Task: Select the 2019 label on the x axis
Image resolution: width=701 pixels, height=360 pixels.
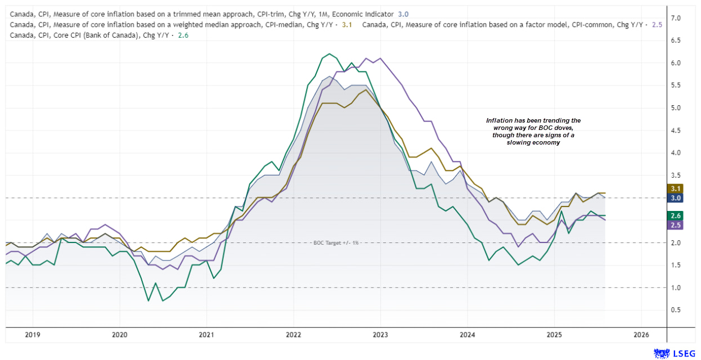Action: [33, 335]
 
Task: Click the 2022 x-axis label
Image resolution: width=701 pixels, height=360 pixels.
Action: [293, 335]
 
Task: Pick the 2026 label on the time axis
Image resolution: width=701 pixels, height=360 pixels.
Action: [641, 335]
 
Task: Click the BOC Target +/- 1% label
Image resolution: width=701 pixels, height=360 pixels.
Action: [336, 242]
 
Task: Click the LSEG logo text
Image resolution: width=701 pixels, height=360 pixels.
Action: [681, 353]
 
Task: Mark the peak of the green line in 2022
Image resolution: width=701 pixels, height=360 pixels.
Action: [329, 54]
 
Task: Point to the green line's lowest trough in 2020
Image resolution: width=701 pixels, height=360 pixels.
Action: [149, 301]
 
